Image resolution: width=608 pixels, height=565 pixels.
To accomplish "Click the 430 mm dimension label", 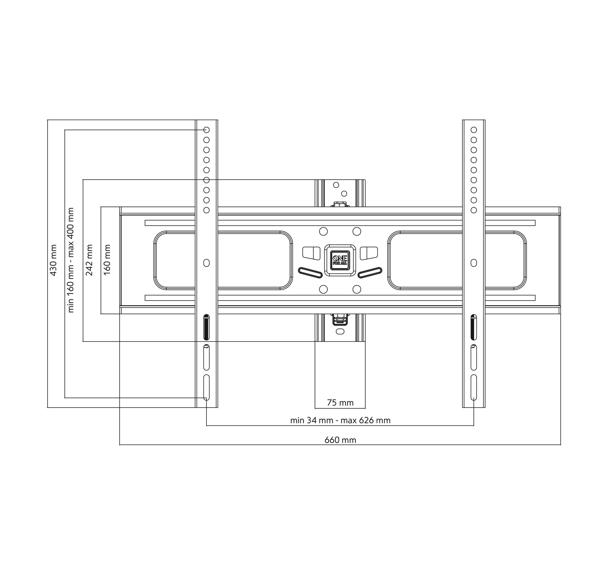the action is click(x=53, y=260).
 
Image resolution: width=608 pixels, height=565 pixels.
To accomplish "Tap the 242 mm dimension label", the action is click(x=89, y=260).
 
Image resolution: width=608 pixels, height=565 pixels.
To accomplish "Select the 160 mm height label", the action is click(x=107, y=260).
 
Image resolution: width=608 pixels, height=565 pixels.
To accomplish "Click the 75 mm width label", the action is click(x=340, y=403).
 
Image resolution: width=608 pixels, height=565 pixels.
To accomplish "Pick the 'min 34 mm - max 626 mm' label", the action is click(x=340, y=420).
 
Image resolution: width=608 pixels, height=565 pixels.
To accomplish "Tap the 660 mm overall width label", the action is click(x=340, y=440).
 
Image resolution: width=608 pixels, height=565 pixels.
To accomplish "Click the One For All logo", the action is click(x=340, y=260).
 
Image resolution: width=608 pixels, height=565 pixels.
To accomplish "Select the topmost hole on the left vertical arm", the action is click(x=207, y=130).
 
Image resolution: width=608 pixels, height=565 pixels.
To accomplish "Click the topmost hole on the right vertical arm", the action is click(x=474, y=130).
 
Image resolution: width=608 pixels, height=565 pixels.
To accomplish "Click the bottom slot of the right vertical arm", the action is click(x=474, y=387).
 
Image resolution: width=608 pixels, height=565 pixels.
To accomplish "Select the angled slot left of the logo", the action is click(x=310, y=273).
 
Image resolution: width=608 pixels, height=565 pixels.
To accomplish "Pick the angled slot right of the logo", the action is click(x=370, y=273).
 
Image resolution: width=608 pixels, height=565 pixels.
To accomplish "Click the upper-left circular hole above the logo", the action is click(x=323, y=231).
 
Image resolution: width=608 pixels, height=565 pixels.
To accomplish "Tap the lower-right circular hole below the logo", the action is click(x=357, y=289).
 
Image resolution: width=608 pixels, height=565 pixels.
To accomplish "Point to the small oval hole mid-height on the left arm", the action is click(x=207, y=263).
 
